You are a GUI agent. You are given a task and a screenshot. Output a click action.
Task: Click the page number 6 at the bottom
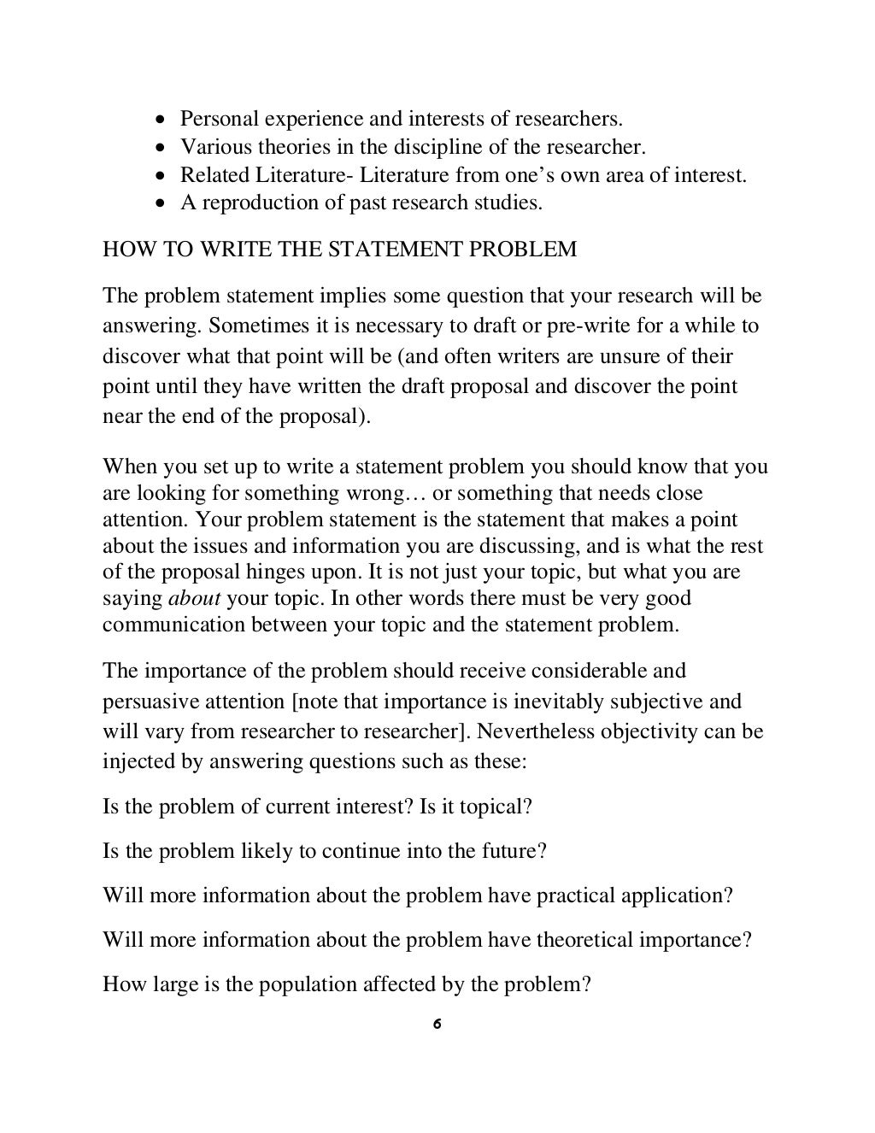pos(437,1024)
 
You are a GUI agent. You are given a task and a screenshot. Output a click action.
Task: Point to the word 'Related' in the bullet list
pos(214,175)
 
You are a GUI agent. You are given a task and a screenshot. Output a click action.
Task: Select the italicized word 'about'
pos(194,598)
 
